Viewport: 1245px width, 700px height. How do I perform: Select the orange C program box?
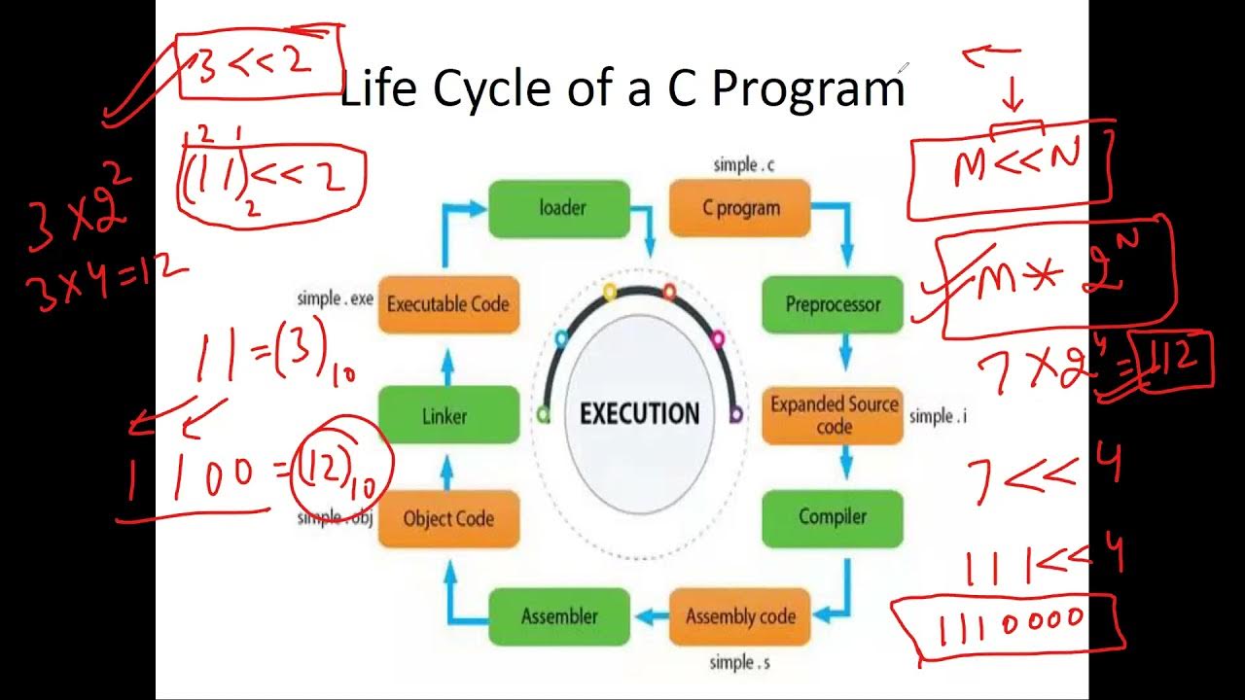coord(740,208)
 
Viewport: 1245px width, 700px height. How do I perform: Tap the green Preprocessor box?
coord(832,304)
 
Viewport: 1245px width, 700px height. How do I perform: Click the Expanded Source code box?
coord(833,416)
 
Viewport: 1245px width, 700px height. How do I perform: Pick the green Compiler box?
coord(832,517)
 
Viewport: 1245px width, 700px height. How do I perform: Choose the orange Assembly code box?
coord(740,616)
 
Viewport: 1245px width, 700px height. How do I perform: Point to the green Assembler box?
coord(558,616)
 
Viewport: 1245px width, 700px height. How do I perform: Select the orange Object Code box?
coord(448,518)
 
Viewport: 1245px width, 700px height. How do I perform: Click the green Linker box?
coord(445,416)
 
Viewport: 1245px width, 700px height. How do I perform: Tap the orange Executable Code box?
coord(447,304)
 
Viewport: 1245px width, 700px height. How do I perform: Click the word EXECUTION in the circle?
coord(639,414)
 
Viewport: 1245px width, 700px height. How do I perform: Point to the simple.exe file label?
coord(335,298)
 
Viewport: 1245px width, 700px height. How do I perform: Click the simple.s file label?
coord(740,663)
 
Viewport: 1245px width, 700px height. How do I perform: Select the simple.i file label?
coord(938,416)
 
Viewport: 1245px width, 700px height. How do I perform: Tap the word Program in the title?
coord(808,89)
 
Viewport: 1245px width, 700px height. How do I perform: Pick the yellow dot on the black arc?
coord(610,291)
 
